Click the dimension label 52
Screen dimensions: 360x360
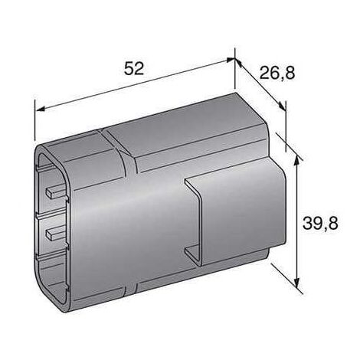[134, 68]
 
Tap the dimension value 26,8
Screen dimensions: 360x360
[277, 73]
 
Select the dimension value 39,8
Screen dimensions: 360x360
[320, 223]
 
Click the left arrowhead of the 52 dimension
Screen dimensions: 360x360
[41, 110]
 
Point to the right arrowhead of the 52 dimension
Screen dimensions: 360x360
[229, 61]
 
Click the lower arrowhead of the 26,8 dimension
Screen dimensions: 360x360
[282, 106]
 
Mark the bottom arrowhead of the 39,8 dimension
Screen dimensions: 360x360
[296, 282]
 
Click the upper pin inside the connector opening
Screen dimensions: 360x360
[55, 191]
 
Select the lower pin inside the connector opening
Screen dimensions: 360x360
[55, 233]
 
